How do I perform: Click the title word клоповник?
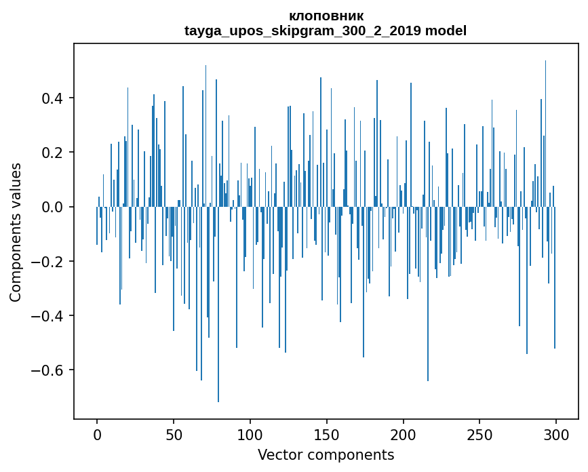326,16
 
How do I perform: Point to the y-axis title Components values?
16,232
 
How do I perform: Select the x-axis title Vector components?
326,454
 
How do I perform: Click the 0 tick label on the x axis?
97,434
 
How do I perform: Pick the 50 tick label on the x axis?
174,434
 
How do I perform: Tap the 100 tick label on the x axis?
250,434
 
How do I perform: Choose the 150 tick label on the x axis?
327,434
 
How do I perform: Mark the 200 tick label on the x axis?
404,434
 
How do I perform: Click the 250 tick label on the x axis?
480,434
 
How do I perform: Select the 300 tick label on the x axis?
557,434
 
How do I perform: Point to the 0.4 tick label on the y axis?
54,98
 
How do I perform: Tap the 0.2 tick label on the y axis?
54,153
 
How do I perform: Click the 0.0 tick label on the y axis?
54,207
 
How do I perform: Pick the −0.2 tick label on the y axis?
49,261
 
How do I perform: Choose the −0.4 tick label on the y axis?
49,315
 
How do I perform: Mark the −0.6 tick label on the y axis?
49,370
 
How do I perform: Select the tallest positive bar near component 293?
545,136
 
